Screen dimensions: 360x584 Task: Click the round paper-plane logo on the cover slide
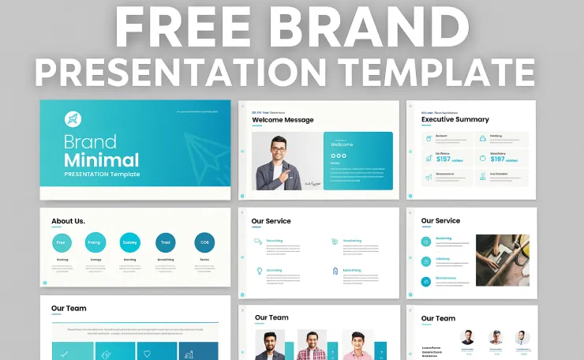73,120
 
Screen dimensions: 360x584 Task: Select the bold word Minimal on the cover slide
101,160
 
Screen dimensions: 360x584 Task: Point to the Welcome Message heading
283,120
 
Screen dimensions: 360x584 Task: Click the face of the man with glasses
279,149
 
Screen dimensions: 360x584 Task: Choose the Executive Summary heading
455,120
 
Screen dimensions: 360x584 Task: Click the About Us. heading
68,221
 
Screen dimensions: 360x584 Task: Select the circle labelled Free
61,243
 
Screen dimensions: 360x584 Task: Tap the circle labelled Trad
165,243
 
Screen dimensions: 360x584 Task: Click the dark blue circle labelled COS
204,243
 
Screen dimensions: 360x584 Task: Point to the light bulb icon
258,271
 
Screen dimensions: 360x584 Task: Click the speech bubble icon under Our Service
257,242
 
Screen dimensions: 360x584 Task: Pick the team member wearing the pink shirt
357,344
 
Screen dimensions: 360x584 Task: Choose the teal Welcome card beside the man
358,160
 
